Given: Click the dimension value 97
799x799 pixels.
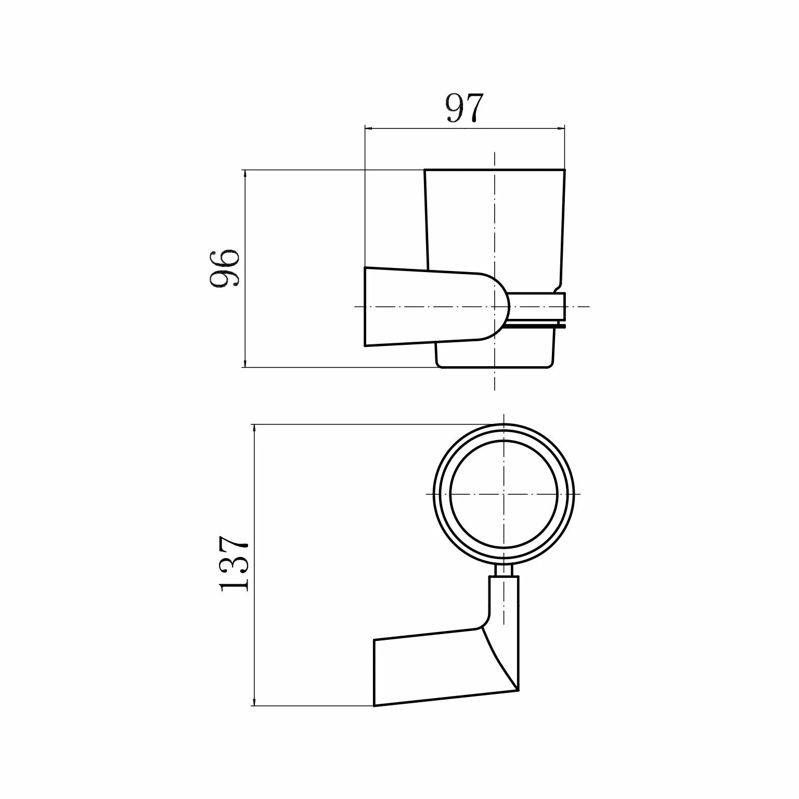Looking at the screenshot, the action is click(x=465, y=108).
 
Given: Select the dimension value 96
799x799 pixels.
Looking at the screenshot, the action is click(x=224, y=267).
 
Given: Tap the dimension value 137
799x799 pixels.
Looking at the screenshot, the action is click(x=234, y=564).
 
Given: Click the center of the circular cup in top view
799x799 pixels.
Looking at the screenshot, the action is click(x=504, y=494).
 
